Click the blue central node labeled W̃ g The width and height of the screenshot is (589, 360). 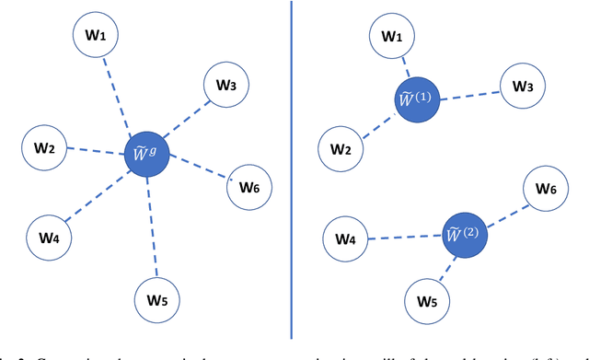[147, 155]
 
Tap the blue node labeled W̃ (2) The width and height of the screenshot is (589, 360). [465, 235]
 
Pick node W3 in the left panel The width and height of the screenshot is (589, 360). [226, 86]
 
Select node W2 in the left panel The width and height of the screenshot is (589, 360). [44, 148]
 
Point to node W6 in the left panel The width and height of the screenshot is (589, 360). [249, 188]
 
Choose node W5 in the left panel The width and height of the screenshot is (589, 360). [156, 299]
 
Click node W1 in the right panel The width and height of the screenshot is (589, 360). [392, 38]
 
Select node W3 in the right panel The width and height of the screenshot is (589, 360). [523, 87]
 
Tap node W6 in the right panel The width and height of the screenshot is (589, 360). [546, 189]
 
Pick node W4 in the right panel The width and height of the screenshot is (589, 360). [345, 239]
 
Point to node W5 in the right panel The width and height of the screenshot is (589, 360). [427, 301]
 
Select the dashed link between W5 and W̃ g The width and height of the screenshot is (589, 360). [153, 226]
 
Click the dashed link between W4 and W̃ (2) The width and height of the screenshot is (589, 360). [405, 238]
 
